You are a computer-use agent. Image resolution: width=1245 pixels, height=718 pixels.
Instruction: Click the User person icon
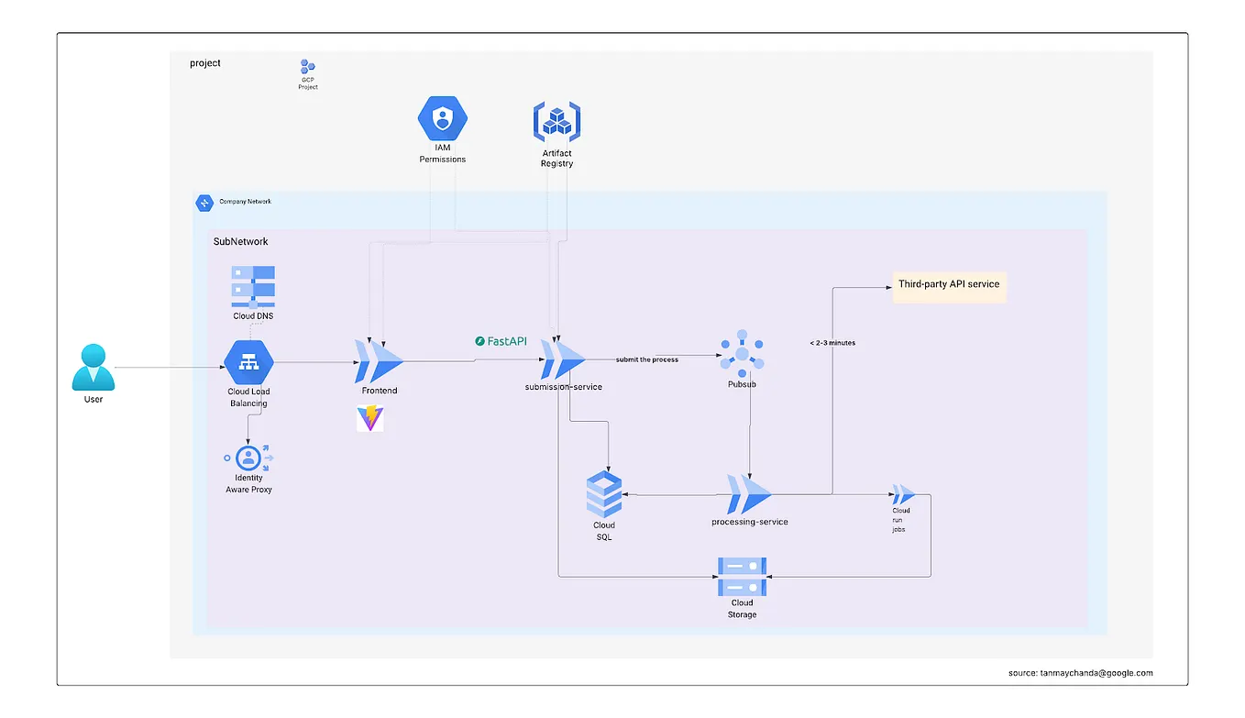tap(94, 367)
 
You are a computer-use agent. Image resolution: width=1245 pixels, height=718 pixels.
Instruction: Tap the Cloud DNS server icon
tap(253, 286)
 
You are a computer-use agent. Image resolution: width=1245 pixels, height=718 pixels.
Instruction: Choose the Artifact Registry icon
tap(556, 121)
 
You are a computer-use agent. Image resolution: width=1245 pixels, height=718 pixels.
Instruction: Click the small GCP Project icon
tap(308, 67)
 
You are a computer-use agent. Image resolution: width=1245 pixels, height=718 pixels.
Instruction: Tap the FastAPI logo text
tap(501, 341)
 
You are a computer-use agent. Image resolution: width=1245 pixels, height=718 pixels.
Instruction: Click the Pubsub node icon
tap(742, 353)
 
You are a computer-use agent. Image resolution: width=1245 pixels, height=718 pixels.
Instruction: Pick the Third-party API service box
tap(949, 285)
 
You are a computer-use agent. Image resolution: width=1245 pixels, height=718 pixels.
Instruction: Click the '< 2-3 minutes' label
tap(832, 343)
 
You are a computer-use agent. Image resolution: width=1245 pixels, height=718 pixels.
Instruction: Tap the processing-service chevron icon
tap(749, 495)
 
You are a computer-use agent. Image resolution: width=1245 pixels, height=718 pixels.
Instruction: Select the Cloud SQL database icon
tap(603, 495)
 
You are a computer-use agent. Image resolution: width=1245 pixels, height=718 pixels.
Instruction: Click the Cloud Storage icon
tap(742, 577)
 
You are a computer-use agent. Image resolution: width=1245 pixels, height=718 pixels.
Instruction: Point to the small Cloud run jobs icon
tap(902, 494)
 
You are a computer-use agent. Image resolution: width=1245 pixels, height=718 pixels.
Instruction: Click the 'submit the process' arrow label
tap(647, 359)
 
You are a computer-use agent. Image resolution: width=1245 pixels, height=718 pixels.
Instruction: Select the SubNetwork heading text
tap(240, 241)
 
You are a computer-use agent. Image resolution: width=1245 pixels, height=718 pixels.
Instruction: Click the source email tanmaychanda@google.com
tap(1080, 672)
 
